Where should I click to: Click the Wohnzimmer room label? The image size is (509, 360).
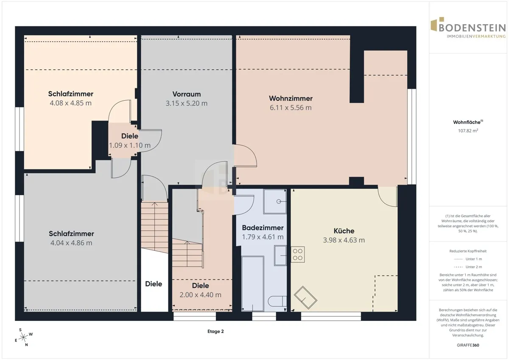(x=291, y=98)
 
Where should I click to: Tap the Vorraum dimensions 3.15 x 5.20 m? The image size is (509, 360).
(x=186, y=104)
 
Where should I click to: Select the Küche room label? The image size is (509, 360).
(x=344, y=231)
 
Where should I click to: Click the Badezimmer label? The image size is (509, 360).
(x=263, y=228)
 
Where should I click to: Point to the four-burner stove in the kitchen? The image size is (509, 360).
(x=298, y=254)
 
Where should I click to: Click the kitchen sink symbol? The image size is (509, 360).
(x=305, y=298)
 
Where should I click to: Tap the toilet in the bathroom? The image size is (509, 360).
(x=277, y=301)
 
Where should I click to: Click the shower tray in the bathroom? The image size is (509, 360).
(x=275, y=202)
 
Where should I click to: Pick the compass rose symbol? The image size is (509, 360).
(x=23, y=337)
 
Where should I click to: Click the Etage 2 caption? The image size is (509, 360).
(x=215, y=332)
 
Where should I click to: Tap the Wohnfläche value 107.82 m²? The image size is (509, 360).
(x=468, y=131)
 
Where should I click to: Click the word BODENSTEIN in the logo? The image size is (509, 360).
(x=473, y=28)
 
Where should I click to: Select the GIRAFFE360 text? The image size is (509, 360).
(x=468, y=345)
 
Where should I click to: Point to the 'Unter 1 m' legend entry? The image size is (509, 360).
(x=468, y=259)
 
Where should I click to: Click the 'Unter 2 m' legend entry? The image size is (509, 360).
(x=468, y=267)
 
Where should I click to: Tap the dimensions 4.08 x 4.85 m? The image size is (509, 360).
(x=71, y=103)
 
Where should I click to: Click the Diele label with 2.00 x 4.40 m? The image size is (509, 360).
(x=200, y=286)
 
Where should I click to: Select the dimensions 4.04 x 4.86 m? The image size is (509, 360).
(x=71, y=243)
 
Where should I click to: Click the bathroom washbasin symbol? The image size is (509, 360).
(x=280, y=256)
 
